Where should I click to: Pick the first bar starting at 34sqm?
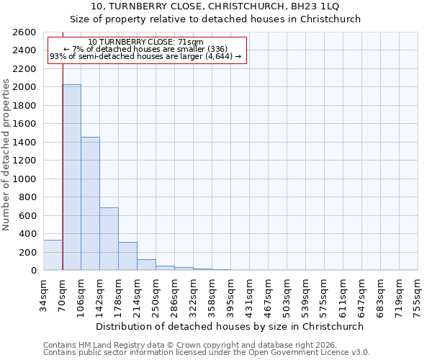[x=53, y=255]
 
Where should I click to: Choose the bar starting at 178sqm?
[x=127, y=256]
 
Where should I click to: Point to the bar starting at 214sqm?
[x=146, y=265]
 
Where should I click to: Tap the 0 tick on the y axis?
[x=33, y=271]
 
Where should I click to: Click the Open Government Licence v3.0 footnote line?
[x=207, y=353]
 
